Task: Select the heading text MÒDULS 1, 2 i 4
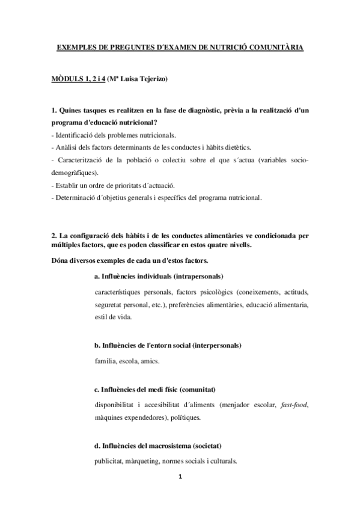74,79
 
